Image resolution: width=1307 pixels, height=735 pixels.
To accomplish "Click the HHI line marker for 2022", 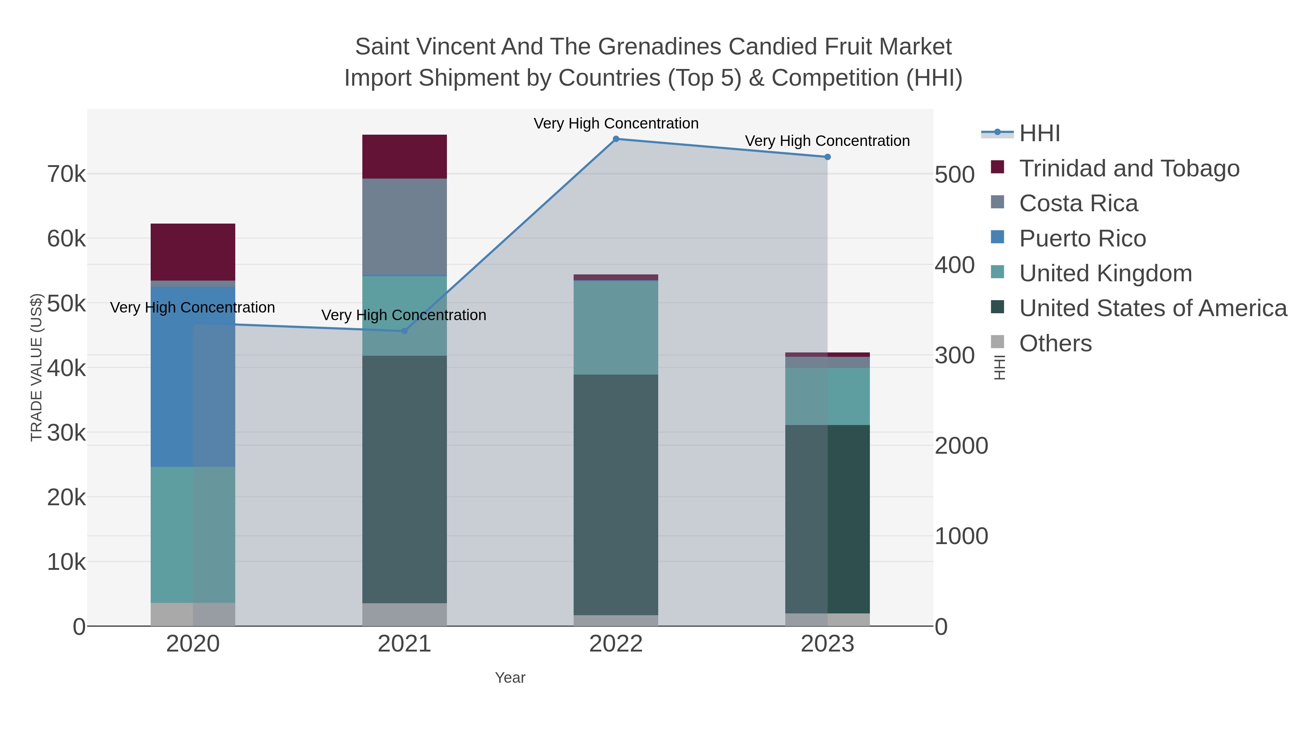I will [616, 139].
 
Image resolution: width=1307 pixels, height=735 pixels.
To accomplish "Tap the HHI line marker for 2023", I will [827, 157].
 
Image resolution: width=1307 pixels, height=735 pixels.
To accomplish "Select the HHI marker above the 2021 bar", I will [404, 331].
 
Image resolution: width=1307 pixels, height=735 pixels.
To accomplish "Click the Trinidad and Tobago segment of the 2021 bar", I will [404, 157].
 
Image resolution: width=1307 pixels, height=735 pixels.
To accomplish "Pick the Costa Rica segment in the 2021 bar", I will [404, 227].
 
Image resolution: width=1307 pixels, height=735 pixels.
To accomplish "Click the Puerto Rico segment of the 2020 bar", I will [193, 376].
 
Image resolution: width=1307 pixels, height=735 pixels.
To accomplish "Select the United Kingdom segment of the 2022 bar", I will [616, 328].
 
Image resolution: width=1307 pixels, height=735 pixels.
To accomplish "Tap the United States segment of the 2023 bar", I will [827, 519].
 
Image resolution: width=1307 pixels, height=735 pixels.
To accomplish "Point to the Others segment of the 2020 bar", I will [193, 614].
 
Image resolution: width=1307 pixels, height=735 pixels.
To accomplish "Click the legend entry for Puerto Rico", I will [1082, 238].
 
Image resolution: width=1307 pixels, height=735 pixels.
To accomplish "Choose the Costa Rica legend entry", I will [1078, 203].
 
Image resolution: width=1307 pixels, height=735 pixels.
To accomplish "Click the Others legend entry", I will [1055, 343].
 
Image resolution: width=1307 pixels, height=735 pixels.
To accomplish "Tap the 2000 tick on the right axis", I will [961, 446].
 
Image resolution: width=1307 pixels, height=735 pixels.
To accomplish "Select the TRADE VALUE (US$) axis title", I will [37, 367].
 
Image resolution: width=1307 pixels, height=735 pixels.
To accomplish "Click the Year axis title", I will [510, 678].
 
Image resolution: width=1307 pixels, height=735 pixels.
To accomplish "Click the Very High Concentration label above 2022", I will [616, 123].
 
